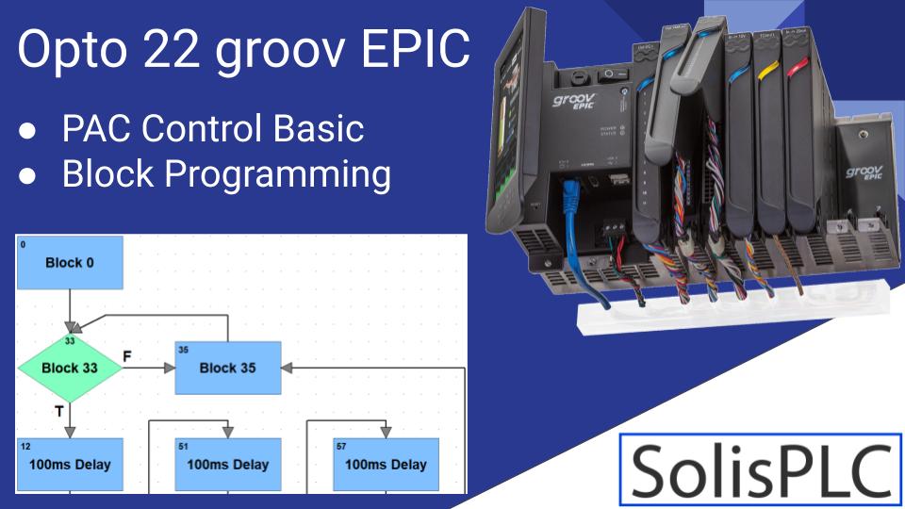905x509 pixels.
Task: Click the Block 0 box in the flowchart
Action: [70, 263]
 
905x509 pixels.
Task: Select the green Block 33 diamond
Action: [70, 368]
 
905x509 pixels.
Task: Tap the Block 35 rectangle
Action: [228, 368]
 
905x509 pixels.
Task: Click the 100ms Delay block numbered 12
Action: [70, 464]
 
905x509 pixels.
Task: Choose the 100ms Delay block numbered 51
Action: [228, 464]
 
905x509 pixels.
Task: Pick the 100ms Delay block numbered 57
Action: [386, 464]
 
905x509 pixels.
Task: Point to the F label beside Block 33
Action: [128, 354]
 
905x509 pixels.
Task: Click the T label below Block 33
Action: [58, 411]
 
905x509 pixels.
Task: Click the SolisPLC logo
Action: [761, 469]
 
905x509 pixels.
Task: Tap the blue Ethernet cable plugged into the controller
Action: [571, 202]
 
